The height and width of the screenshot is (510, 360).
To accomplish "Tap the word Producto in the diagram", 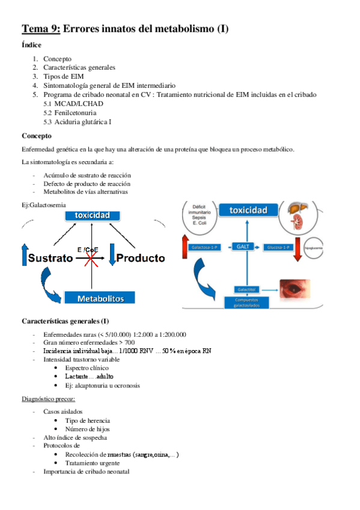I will pyautogui.click(x=140, y=258).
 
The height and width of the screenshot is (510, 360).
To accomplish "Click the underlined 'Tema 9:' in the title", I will pyautogui.click(x=41, y=28).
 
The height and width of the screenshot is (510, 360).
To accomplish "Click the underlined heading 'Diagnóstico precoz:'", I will pyautogui.click(x=49, y=398).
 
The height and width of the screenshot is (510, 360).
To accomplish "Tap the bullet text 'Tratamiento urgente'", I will pyautogui.click(x=95, y=463).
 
